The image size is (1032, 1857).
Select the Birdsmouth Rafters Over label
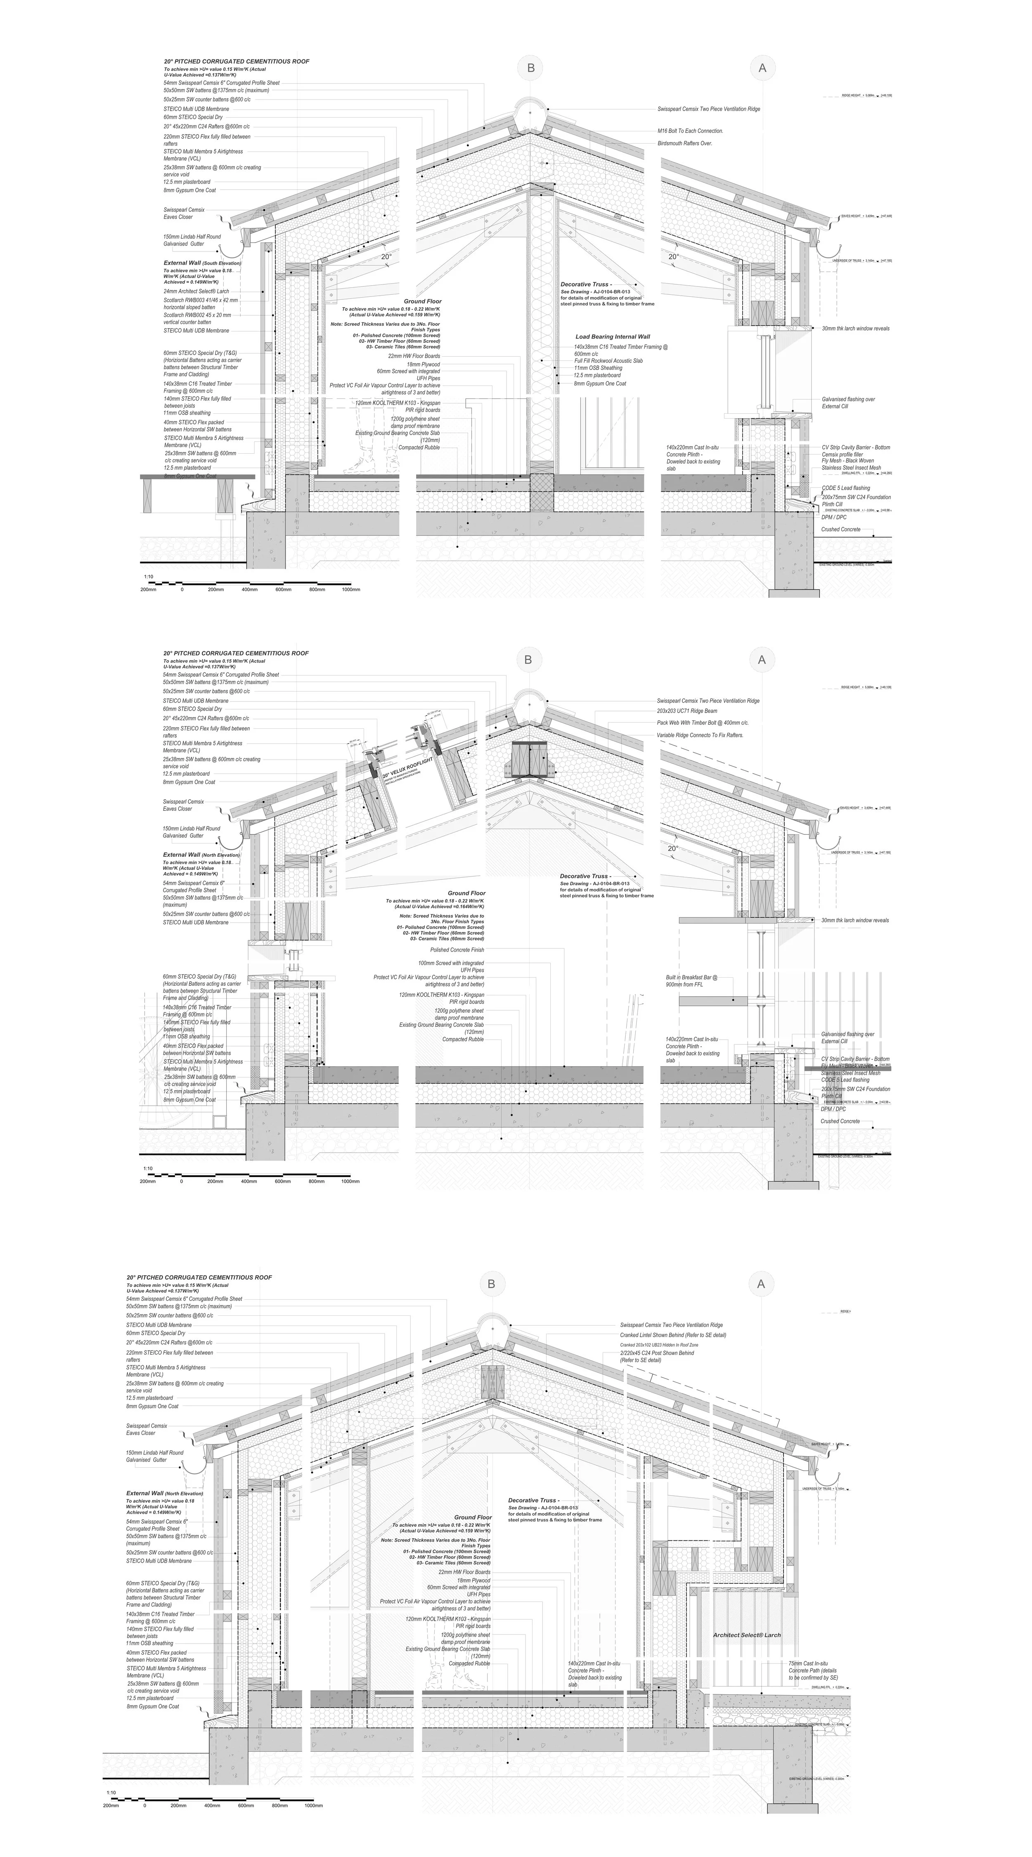tap(685, 143)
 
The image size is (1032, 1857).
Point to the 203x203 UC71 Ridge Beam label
tap(687, 711)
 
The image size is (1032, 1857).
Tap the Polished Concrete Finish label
tap(457, 950)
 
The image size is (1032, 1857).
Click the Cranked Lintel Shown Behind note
tap(672, 1335)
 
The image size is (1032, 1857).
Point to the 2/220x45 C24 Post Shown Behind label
tap(656, 1356)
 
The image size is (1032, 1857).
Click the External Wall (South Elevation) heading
tap(202, 263)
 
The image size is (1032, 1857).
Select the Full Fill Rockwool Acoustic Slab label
tap(608, 360)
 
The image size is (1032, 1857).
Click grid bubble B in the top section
tap(530, 69)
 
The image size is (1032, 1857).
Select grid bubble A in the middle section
tap(761, 660)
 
